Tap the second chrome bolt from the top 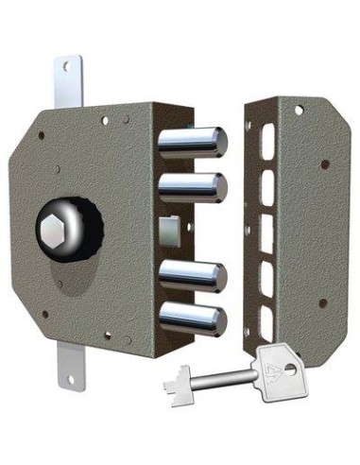point(194,186)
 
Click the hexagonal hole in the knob point(55,228)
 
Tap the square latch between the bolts point(170,230)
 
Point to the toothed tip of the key point(179,384)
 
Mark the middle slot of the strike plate point(266,232)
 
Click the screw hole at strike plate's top point(299,111)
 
